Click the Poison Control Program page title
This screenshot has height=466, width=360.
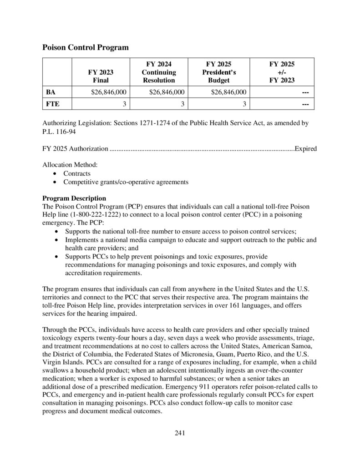click(x=85, y=47)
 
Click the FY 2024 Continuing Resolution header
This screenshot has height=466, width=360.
click(x=159, y=72)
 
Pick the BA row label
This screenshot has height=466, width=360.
click(x=51, y=92)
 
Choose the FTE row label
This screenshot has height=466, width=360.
click(x=52, y=104)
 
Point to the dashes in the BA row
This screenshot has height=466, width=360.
click(x=305, y=92)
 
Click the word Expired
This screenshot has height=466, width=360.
click(x=306, y=148)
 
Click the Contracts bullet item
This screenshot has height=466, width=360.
click(x=76, y=173)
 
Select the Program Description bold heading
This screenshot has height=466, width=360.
click(x=74, y=198)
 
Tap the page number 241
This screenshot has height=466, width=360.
click(x=180, y=433)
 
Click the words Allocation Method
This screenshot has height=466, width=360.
click(x=70, y=165)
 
